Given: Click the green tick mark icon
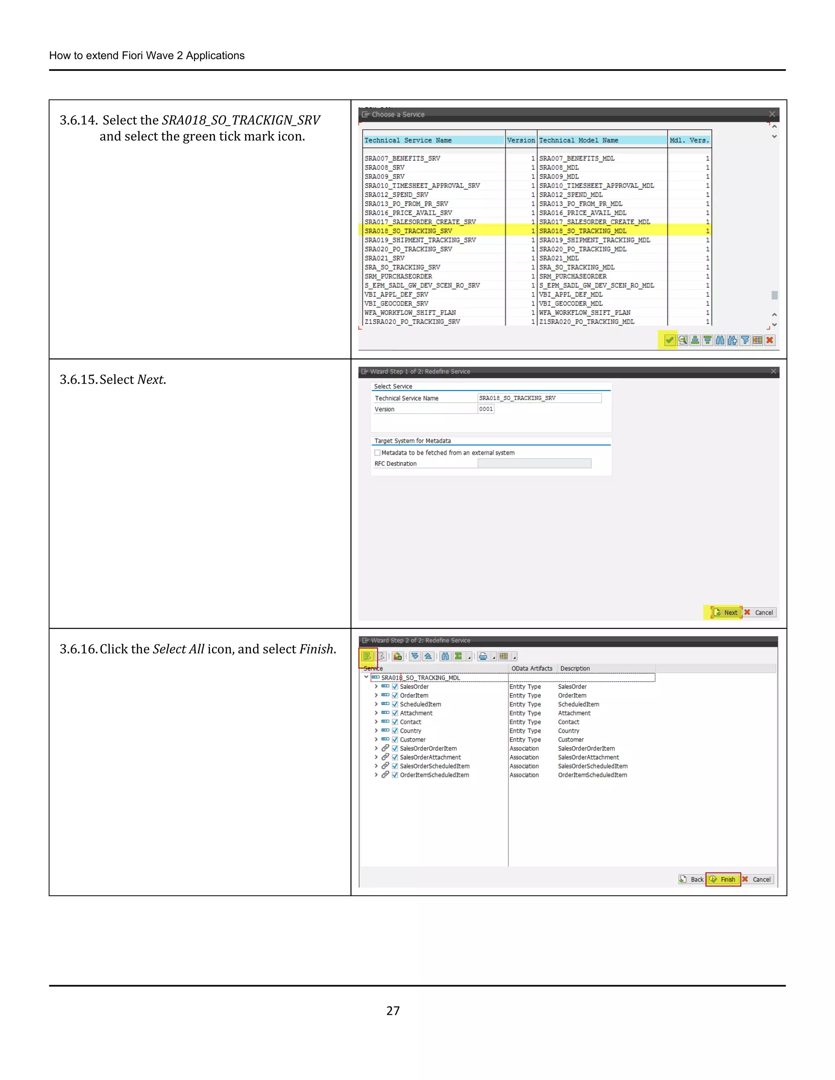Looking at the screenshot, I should [669, 340].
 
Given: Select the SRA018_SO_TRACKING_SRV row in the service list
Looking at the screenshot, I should [409, 231].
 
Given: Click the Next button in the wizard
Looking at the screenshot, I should [726, 613].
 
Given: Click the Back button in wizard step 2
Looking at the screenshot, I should [691, 879].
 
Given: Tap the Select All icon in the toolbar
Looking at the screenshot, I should [367, 656].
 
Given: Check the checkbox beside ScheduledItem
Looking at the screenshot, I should [395, 704].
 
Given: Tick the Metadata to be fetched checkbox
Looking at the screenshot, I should [378, 452].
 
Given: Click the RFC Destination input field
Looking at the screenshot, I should [534, 463].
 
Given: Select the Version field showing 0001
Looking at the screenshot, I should [486, 409].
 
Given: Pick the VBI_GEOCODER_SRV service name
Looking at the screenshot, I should [396, 304].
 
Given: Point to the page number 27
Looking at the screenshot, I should [393, 1011].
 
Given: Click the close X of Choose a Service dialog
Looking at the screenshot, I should [772, 114].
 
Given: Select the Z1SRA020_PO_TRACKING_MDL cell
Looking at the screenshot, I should [587, 322].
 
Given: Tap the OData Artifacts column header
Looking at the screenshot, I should [532, 668].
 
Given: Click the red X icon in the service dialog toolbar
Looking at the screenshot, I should [770, 340].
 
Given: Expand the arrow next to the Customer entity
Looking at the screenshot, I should [376, 740].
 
